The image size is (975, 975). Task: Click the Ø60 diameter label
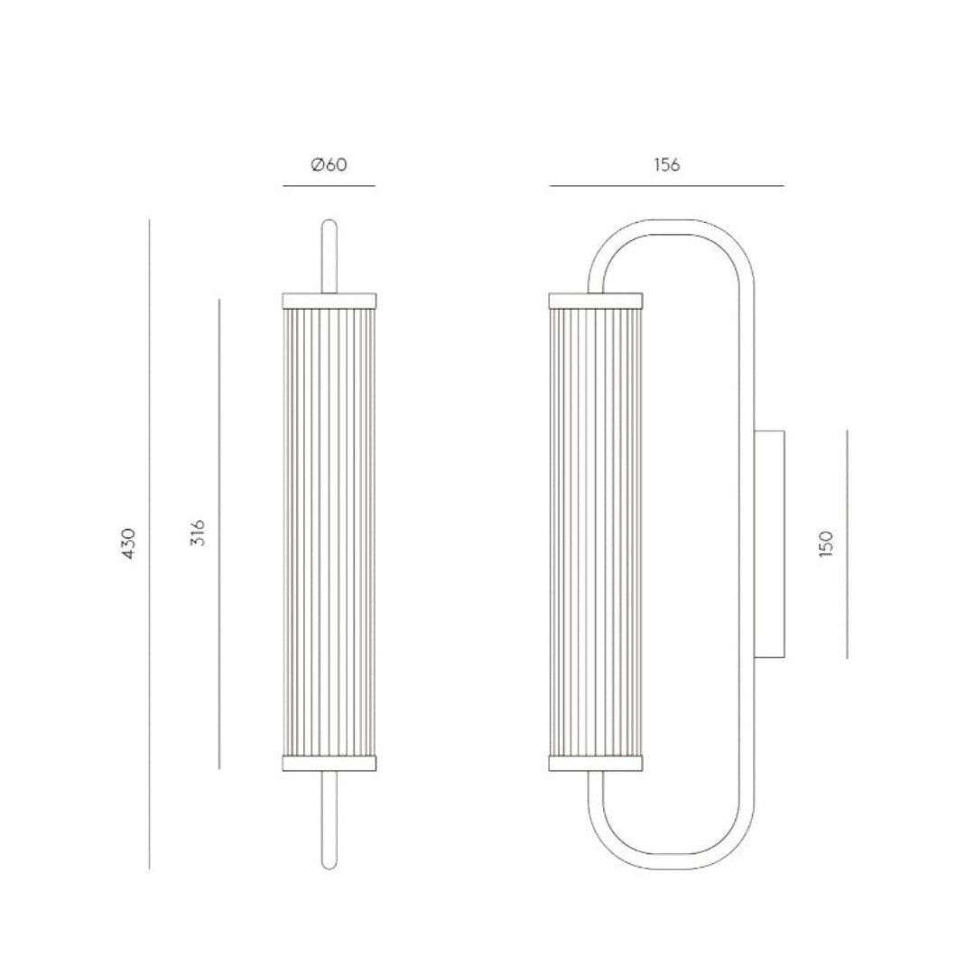point(329,165)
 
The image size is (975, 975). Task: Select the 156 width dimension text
point(666,165)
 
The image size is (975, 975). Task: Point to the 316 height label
point(199,533)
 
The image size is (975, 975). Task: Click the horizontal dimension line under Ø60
point(329,186)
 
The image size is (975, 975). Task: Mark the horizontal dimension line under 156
point(666,186)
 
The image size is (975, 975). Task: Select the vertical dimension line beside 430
point(150,544)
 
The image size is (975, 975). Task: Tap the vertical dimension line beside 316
point(219,533)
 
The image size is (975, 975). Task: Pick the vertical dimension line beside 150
point(848,543)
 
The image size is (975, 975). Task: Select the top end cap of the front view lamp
point(330,300)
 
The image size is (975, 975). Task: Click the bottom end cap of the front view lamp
point(330,764)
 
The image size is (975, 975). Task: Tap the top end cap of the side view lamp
point(596,300)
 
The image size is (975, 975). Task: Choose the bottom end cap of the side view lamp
point(596,764)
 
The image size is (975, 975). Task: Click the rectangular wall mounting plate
point(769,543)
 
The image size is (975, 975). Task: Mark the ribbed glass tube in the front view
point(330,533)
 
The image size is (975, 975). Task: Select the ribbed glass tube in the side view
point(596,533)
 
